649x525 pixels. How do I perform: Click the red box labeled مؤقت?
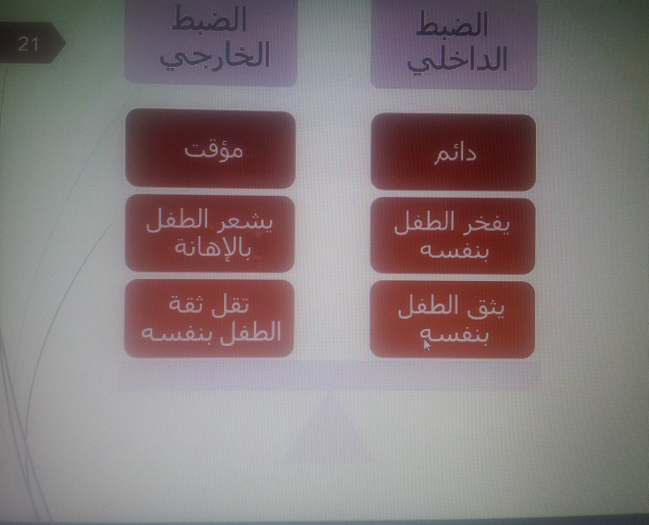(x=210, y=150)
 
